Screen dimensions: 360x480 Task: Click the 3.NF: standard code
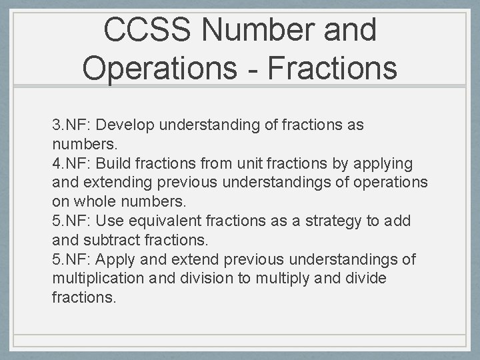pos(75,125)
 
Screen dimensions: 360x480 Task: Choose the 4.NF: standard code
pos(75,163)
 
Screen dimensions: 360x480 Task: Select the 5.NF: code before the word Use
pos(75,221)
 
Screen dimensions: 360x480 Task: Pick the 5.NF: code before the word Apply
pos(75,259)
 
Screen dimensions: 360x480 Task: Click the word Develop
pos(129,125)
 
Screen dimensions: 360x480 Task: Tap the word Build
pos(116,163)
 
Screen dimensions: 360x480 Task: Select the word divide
pos(364,278)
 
